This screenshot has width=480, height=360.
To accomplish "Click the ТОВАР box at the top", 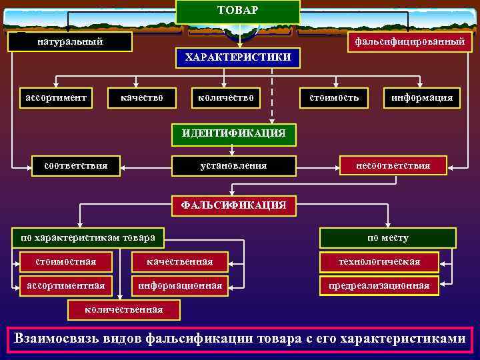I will pos(238,11).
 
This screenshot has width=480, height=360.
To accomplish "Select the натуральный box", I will pos(70,42).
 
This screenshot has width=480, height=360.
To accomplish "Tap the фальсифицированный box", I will pos(410,42).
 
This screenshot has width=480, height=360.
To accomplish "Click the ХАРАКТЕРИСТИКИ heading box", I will pos(238,57).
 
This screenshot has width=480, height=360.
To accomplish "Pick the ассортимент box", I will pos(56,98).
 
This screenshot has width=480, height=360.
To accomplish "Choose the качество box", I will pos(142,98).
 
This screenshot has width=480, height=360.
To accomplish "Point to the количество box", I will pos(226,98).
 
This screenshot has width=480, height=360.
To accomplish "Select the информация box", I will pos(422,98).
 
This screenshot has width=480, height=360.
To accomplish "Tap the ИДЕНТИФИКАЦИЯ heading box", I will pos(233,133).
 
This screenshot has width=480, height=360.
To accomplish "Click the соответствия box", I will pos(75,165).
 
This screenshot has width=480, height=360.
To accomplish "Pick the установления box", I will pos(233,165).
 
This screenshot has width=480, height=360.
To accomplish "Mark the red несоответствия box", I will pos(393,165).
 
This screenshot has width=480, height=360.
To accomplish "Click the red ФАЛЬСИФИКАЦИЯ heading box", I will pos(233,205).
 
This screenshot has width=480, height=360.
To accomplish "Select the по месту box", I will pos(388,237).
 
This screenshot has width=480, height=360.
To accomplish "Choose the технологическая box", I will pos(379,261).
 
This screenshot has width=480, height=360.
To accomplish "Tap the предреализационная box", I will pos(379,286).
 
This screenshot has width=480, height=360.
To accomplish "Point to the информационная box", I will pos(180,286).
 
